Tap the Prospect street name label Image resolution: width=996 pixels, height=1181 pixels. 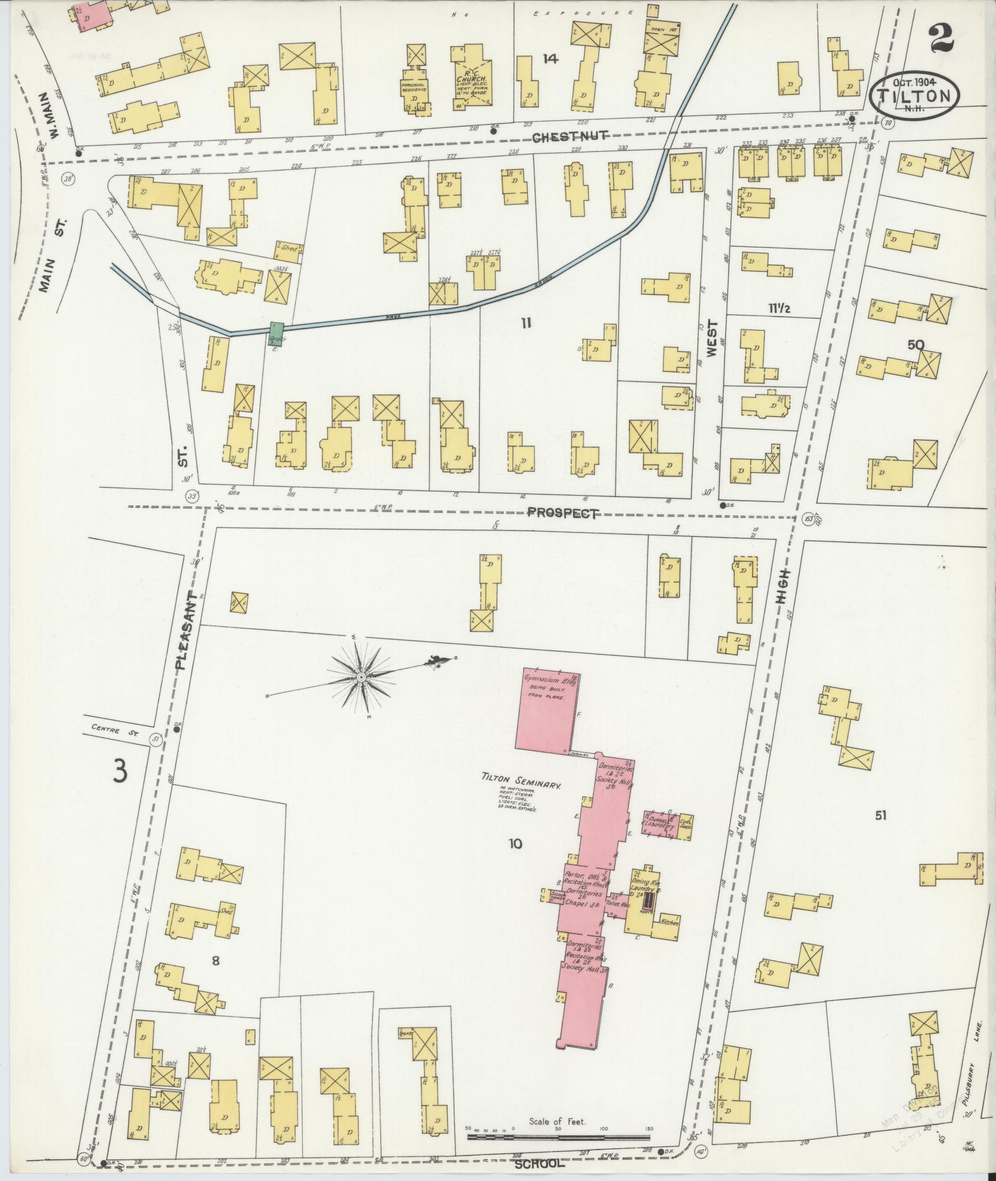click(x=563, y=513)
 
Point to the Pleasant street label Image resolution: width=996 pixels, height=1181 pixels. click(x=186, y=630)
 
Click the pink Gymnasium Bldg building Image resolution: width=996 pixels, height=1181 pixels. click(x=549, y=710)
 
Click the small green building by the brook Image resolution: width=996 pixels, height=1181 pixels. click(x=276, y=331)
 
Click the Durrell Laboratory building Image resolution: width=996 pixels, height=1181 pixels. click(x=659, y=824)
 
